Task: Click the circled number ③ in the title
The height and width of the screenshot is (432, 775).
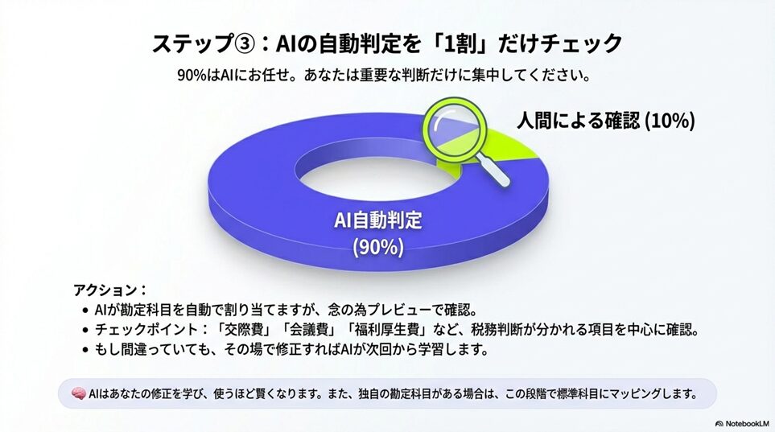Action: coord(244,44)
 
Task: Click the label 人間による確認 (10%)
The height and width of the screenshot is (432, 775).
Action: coord(606,120)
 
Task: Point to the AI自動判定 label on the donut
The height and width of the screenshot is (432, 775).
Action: coord(378,220)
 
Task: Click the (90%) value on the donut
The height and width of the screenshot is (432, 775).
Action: coord(378,247)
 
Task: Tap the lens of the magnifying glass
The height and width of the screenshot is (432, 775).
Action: coord(453,129)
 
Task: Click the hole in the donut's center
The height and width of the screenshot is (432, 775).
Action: coord(377,177)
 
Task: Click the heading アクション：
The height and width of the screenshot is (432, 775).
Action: coord(110,290)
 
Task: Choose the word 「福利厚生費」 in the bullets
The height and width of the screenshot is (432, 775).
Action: coord(389,330)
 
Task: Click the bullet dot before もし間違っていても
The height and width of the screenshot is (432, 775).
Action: coord(85,350)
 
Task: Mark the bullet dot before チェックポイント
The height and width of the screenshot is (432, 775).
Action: coord(85,330)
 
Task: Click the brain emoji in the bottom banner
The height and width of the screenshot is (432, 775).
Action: coord(79,394)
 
